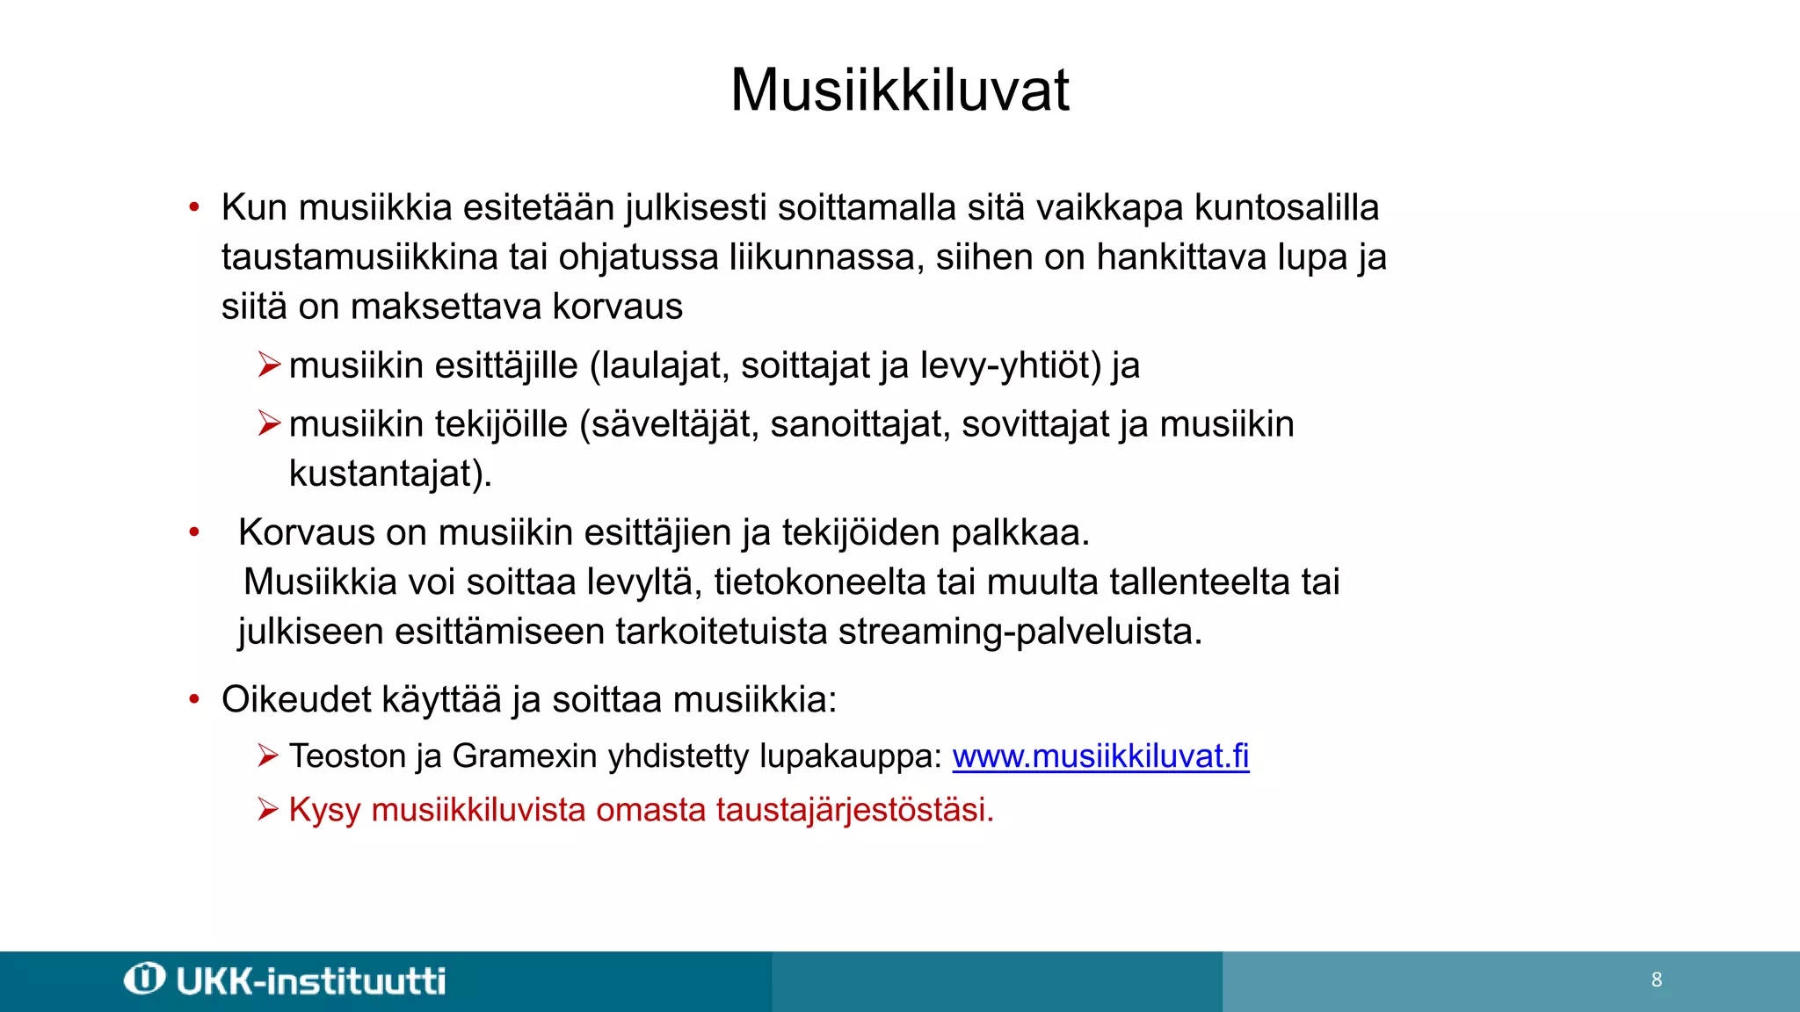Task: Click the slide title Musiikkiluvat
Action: tap(899, 90)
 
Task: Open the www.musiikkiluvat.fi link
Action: tap(1100, 756)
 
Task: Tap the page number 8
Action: tap(1657, 979)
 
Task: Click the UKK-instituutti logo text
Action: tap(311, 981)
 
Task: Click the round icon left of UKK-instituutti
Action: tap(144, 979)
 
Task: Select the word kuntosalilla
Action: tap(1286, 208)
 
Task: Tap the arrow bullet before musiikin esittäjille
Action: tap(269, 365)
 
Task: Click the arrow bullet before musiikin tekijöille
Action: tap(269, 423)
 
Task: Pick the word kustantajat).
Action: tap(390, 473)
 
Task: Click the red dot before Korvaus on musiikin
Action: tap(194, 532)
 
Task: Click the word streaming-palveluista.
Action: tap(1020, 632)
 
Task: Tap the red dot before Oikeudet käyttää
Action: tap(194, 700)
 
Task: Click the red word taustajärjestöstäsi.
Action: tap(854, 810)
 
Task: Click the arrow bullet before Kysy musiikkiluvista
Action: tap(268, 809)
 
